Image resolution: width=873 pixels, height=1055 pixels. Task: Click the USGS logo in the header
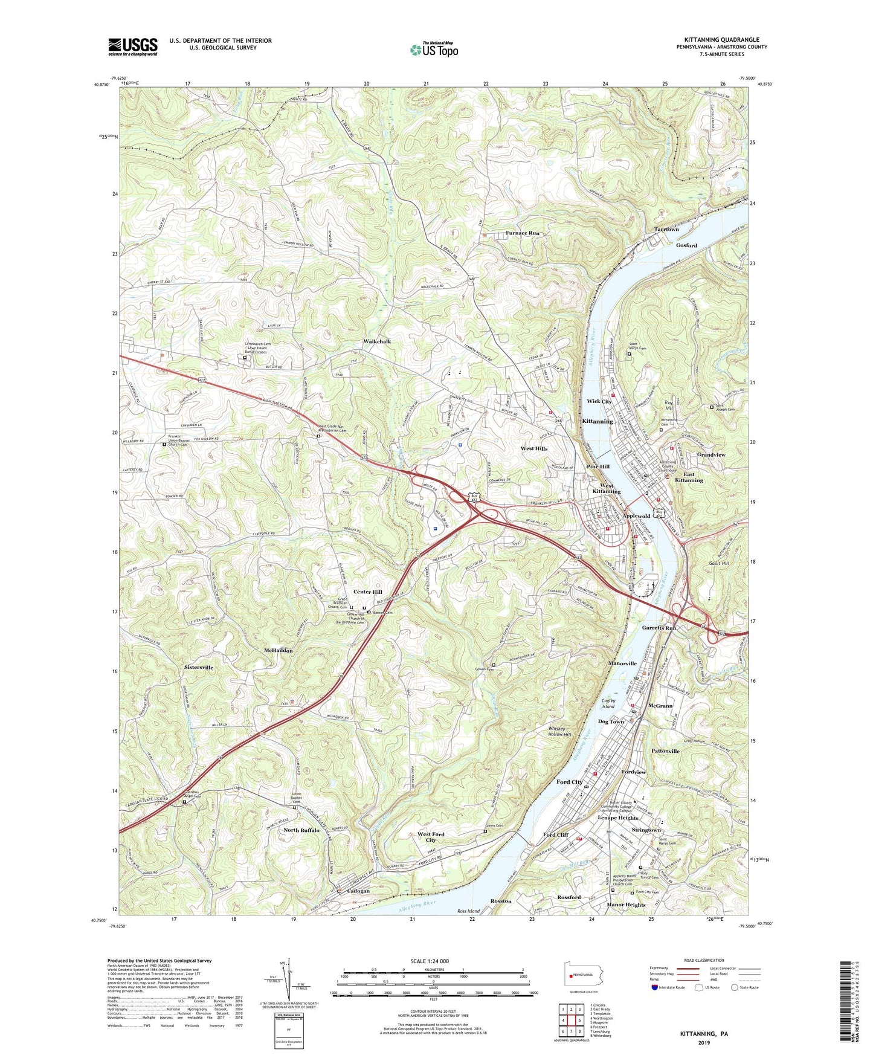click(x=133, y=46)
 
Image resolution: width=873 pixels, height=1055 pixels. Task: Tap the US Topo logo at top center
click(x=433, y=50)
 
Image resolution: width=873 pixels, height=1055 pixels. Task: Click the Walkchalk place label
click(x=377, y=341)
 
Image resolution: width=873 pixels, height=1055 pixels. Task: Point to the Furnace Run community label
click(x=522, y=233)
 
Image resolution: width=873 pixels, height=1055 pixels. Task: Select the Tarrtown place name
click(x=666, y=230)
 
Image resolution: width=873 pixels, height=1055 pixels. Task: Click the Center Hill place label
click(x=368, y=592)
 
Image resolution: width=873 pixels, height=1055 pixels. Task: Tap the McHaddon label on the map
click(x=279, y=651)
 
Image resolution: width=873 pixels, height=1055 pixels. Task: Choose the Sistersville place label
click(x=199, y=668)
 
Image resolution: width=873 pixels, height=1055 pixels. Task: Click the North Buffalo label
click(x=301, y=831)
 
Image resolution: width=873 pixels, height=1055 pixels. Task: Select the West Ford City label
click(x=431, y=837)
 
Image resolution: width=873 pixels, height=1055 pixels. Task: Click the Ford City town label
click(x=569, y=782)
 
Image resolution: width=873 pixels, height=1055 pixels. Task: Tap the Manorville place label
click(x=622, y=663)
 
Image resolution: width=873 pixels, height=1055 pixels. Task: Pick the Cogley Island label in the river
click(x=608, y=704)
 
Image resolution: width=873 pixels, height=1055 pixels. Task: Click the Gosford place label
click(x=686, y=245)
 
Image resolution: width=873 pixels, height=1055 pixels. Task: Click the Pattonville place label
click(x=665, y=751)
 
